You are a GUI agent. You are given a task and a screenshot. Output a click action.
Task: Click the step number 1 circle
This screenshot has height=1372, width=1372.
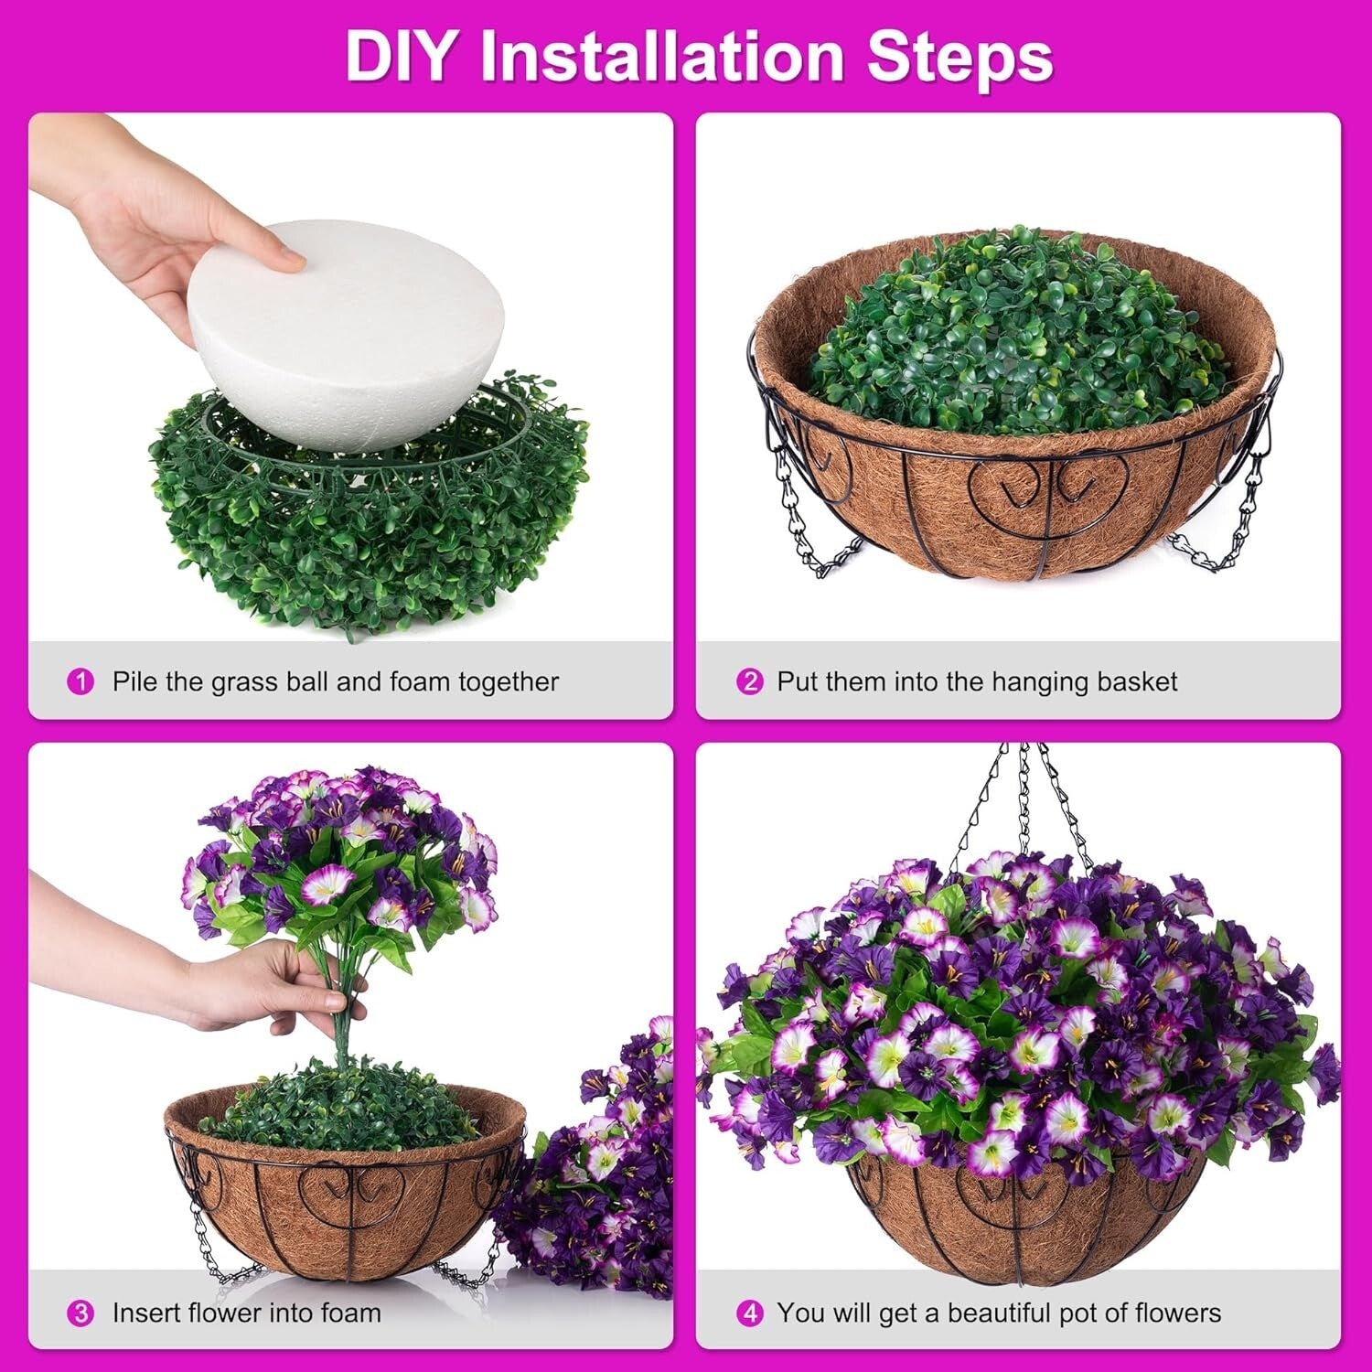(x=80, y=681)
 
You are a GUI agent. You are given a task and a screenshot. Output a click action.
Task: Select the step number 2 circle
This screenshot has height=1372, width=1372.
(x=749, y=681)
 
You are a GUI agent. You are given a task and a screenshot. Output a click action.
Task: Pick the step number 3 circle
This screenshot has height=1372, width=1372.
(x=80, y=1313)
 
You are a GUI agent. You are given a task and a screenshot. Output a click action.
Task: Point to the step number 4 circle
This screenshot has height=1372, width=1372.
(x=749, y=1313)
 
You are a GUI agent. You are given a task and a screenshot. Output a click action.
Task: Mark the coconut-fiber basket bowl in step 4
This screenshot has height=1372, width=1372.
(x=1015, y=1226)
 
